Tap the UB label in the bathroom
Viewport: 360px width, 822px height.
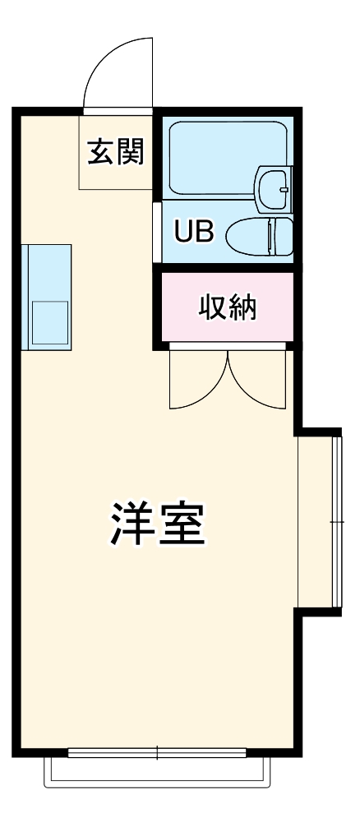click(193, 233)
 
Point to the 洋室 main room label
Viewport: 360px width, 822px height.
click(157, 524)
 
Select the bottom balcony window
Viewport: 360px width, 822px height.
click(157, 750)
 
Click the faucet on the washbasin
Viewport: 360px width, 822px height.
click(284, 188)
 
